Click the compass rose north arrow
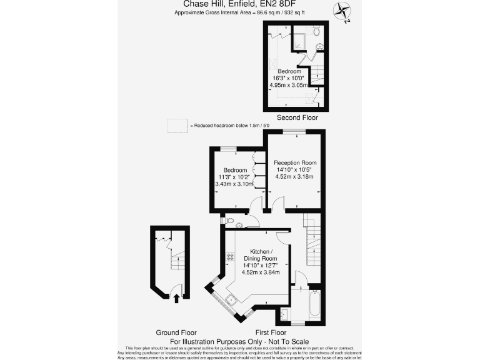point(341,11)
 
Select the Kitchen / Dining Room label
point(259,254)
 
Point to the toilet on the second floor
point(317,31)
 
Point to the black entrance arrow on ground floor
point(176,297)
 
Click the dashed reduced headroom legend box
point(177,126)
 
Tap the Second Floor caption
point(297,117)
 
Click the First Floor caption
point(271,332)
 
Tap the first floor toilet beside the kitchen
point(229,221)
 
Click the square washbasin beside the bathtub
point(284,313)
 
